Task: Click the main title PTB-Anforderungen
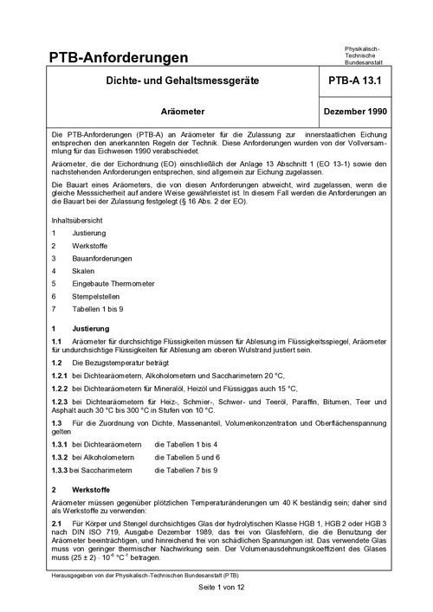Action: pyautogui.click(x=120, y=57)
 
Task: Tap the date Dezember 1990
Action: pyautogui.click(x=356, y=113)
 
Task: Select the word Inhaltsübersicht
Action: pyautogui.click(x=81, y=219)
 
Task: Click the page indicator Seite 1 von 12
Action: pyautogui.click(x=216, y=588)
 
